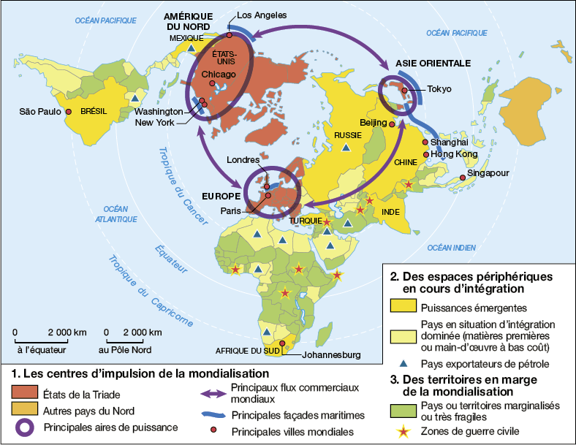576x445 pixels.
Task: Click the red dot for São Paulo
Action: coord(68,112)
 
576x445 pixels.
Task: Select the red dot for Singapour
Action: coord(463,178)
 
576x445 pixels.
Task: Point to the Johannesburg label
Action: coord(332,356)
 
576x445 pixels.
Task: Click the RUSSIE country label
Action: coord(347,135)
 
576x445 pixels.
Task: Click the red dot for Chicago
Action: coord(212,84)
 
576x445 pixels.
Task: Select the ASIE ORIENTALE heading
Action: coord(433,63)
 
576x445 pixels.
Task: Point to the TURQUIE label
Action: coord(304,220)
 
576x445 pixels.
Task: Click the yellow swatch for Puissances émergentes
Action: coord(403,308)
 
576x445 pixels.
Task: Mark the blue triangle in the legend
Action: coord(403,363)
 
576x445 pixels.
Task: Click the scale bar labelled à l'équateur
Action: coord(42,337)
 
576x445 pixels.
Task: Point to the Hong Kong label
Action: coord(455,155)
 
